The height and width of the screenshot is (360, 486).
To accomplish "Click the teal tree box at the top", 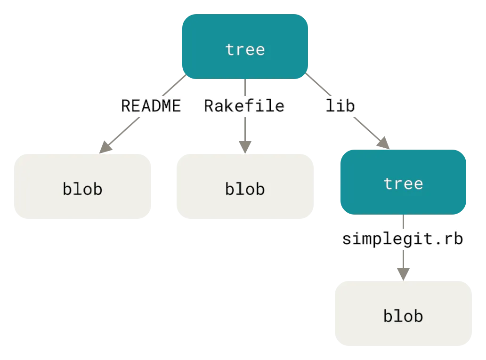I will coord(245,46).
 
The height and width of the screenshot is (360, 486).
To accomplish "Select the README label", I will coord(151,106).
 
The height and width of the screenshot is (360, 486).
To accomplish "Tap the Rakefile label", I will coord(244,106).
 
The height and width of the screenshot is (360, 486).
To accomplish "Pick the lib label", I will coord(340,106).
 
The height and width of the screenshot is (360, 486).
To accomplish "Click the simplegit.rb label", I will coord(403,239).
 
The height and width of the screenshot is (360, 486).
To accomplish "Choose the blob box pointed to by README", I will coord(83,186).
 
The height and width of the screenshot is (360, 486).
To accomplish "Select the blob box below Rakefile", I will coord(244,186).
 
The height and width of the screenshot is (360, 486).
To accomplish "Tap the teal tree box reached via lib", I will coord(403,181).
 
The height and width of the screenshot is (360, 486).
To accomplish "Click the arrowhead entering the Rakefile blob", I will coord(244,144).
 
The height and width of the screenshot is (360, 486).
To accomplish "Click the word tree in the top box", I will coord(245,49).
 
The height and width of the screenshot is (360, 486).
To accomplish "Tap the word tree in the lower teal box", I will coord(403,184).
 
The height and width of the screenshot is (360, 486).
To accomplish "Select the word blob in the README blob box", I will coord(82,189).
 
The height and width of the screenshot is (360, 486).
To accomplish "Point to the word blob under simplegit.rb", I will coord(403,316).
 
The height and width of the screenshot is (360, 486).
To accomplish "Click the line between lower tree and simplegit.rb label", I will coord(403,222).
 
